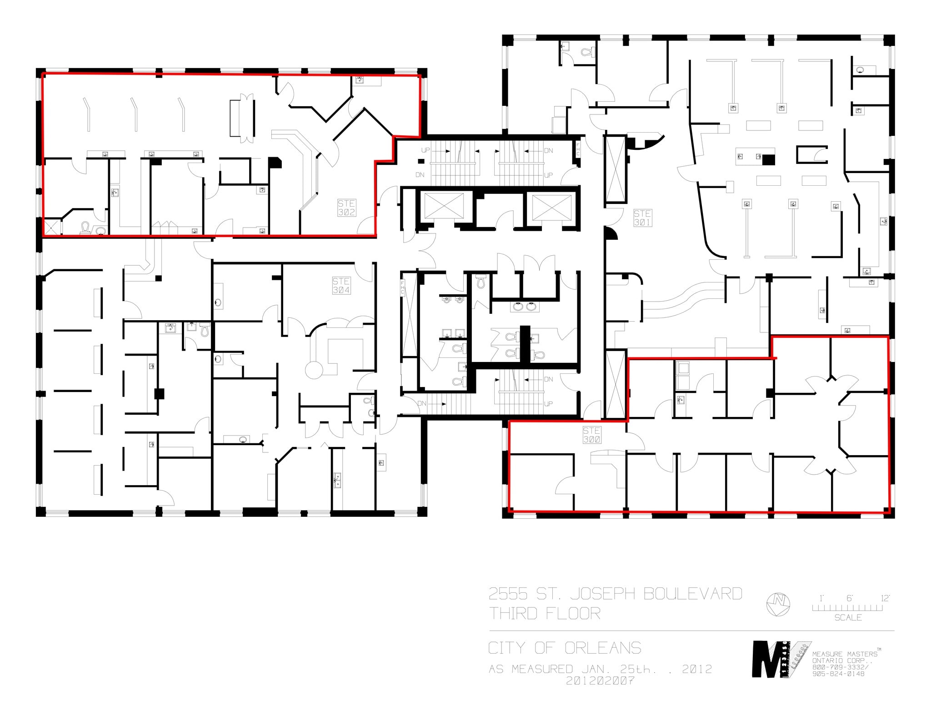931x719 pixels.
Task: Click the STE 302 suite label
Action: [346, 208]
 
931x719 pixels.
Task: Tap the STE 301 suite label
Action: [642, 218]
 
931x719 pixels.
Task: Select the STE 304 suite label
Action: [341, 286]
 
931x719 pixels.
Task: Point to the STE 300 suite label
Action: [591, 435]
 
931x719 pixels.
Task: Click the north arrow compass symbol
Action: [778, 605]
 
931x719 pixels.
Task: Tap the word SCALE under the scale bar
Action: [848, 618]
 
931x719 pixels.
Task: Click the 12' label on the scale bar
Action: [885, 598]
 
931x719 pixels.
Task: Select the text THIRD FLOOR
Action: [545, 614]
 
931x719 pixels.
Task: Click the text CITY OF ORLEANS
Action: [565, 648]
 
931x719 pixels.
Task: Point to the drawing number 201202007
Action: [600, 680]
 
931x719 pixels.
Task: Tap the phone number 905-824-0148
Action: [838, 674]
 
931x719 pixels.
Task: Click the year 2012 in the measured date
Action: [696, 669]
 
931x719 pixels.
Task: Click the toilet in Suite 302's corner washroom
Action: [85, 227]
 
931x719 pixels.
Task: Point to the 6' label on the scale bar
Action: [850, 598]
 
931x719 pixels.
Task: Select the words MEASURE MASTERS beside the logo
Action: [845, 654]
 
